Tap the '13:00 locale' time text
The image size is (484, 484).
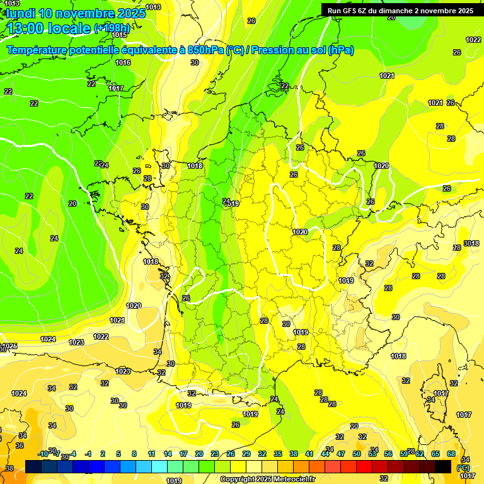pos(49,28)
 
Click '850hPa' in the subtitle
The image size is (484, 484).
pos(205,50)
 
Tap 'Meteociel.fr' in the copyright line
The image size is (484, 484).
pos(293,480)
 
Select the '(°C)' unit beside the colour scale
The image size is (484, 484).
pos(463,468)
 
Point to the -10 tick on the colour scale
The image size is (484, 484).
pos(43,454)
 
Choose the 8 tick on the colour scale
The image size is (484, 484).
pos(134,454)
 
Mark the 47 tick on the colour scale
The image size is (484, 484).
pos(341,454)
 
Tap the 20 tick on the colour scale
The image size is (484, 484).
pos(199,454)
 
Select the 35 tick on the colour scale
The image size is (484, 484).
pos(278,454)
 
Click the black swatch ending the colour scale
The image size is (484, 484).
pos(443,466)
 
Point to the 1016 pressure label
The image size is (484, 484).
pos(123,62)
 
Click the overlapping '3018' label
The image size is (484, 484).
pos(471,243)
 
